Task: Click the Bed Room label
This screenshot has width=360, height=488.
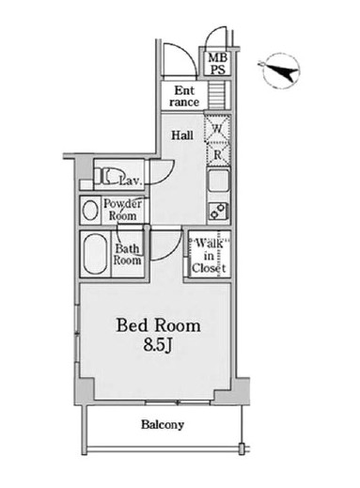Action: (158, 325)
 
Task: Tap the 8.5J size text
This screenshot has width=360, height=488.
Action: (158, 345)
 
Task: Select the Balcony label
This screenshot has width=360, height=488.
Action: (163, 425)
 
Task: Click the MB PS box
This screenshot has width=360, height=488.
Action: (218, 63)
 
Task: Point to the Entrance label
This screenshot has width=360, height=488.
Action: (184, 96)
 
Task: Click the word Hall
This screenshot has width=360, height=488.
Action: (182, 135)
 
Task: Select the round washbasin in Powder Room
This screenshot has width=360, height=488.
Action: (90, 210)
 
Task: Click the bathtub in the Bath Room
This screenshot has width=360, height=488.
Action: (96, 254)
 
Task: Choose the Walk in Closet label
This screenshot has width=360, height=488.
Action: (209, 256)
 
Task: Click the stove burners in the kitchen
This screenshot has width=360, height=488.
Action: (218, 211)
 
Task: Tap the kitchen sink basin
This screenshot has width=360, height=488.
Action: (218, 181)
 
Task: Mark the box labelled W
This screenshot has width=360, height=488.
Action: (217, 128)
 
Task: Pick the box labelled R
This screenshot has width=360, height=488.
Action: (218, 154)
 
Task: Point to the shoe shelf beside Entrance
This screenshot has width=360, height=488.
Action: (216, 95)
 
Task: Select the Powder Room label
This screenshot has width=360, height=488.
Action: (122, 210)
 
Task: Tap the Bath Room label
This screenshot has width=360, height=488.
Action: (127, 254)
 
